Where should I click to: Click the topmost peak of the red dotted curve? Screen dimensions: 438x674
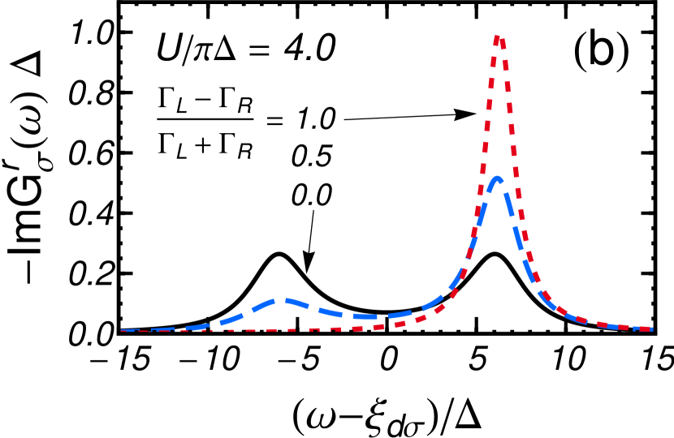tap(498, 36)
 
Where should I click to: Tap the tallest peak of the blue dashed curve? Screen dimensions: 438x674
tap(497, 178)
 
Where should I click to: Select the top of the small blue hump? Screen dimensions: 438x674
tap(279, 300)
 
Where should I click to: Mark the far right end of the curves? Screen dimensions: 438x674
tap(650, 329)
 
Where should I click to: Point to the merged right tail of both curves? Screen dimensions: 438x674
tap(601, 324)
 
